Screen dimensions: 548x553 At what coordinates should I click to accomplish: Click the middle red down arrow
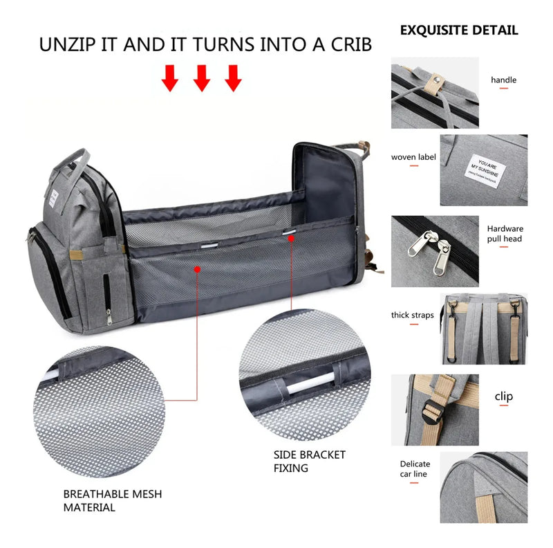tap(201, 78)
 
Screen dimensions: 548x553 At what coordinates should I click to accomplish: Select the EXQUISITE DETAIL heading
tap(458, 30)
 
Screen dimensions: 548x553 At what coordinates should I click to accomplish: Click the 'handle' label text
tap(503, 80)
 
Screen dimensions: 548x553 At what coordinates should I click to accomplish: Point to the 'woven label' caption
tap(413, 157)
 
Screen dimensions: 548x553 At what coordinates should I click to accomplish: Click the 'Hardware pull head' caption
tap(505, 234)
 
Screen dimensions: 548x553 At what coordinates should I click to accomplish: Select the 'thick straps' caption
tap(413, 315)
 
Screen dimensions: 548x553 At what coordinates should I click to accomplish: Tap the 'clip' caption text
tap(504, 396)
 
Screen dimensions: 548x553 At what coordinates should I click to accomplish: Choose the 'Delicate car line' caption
tap(415, 469)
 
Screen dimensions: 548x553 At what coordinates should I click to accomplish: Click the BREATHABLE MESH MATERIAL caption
tap(113, 500)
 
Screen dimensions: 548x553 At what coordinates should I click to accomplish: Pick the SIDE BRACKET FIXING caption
tap(309, 462)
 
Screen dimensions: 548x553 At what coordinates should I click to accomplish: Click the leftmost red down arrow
tap(170, 78)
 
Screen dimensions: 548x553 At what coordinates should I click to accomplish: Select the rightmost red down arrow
tap(234, 78)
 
